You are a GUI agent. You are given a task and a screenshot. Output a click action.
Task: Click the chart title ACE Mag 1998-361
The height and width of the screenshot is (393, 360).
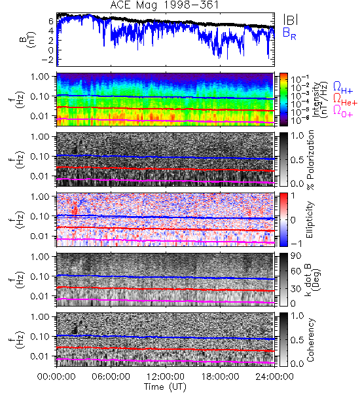pos(164,5)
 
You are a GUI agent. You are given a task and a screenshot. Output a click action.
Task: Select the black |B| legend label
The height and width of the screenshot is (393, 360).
pos(291,20)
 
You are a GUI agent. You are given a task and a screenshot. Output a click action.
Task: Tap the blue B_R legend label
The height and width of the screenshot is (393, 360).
pos(289,33)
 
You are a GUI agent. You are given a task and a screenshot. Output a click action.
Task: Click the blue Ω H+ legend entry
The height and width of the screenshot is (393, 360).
pos(343,88)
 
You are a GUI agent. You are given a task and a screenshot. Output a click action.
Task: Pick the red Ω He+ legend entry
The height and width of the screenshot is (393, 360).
pos(345,100)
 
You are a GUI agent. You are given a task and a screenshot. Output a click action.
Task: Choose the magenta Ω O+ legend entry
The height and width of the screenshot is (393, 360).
pos(343,111)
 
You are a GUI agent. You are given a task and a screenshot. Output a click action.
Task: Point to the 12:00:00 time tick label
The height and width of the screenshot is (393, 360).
pos(166,377)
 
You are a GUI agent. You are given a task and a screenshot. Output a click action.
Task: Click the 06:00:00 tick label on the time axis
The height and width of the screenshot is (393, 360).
pos(111,377)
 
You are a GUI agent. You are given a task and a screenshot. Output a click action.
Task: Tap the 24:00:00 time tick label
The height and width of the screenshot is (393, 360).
pos(274,377)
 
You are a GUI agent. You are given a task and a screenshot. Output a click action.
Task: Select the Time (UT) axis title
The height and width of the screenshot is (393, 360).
pos(166,386)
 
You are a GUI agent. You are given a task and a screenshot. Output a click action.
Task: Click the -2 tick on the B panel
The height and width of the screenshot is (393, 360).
pos(47,60)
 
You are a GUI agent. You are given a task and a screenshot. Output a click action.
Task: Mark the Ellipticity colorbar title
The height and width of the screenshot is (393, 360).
pos(310,219)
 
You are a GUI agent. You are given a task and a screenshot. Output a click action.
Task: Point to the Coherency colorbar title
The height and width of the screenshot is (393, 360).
pos(310,340)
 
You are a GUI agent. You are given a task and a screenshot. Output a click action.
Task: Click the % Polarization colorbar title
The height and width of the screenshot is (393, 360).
pos(310,160)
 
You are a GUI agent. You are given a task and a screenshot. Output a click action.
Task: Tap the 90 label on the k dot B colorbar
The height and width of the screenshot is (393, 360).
pos(296,256)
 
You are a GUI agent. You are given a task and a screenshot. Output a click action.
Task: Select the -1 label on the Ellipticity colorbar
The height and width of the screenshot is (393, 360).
pos(296,243)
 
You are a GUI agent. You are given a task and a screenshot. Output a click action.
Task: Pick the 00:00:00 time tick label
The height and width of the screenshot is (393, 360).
pos(56,377)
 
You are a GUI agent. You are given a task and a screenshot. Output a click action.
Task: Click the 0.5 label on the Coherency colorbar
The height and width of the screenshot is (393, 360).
pos(297,340)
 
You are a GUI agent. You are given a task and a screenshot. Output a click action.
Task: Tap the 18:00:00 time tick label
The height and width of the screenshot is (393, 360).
pos(220,377)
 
